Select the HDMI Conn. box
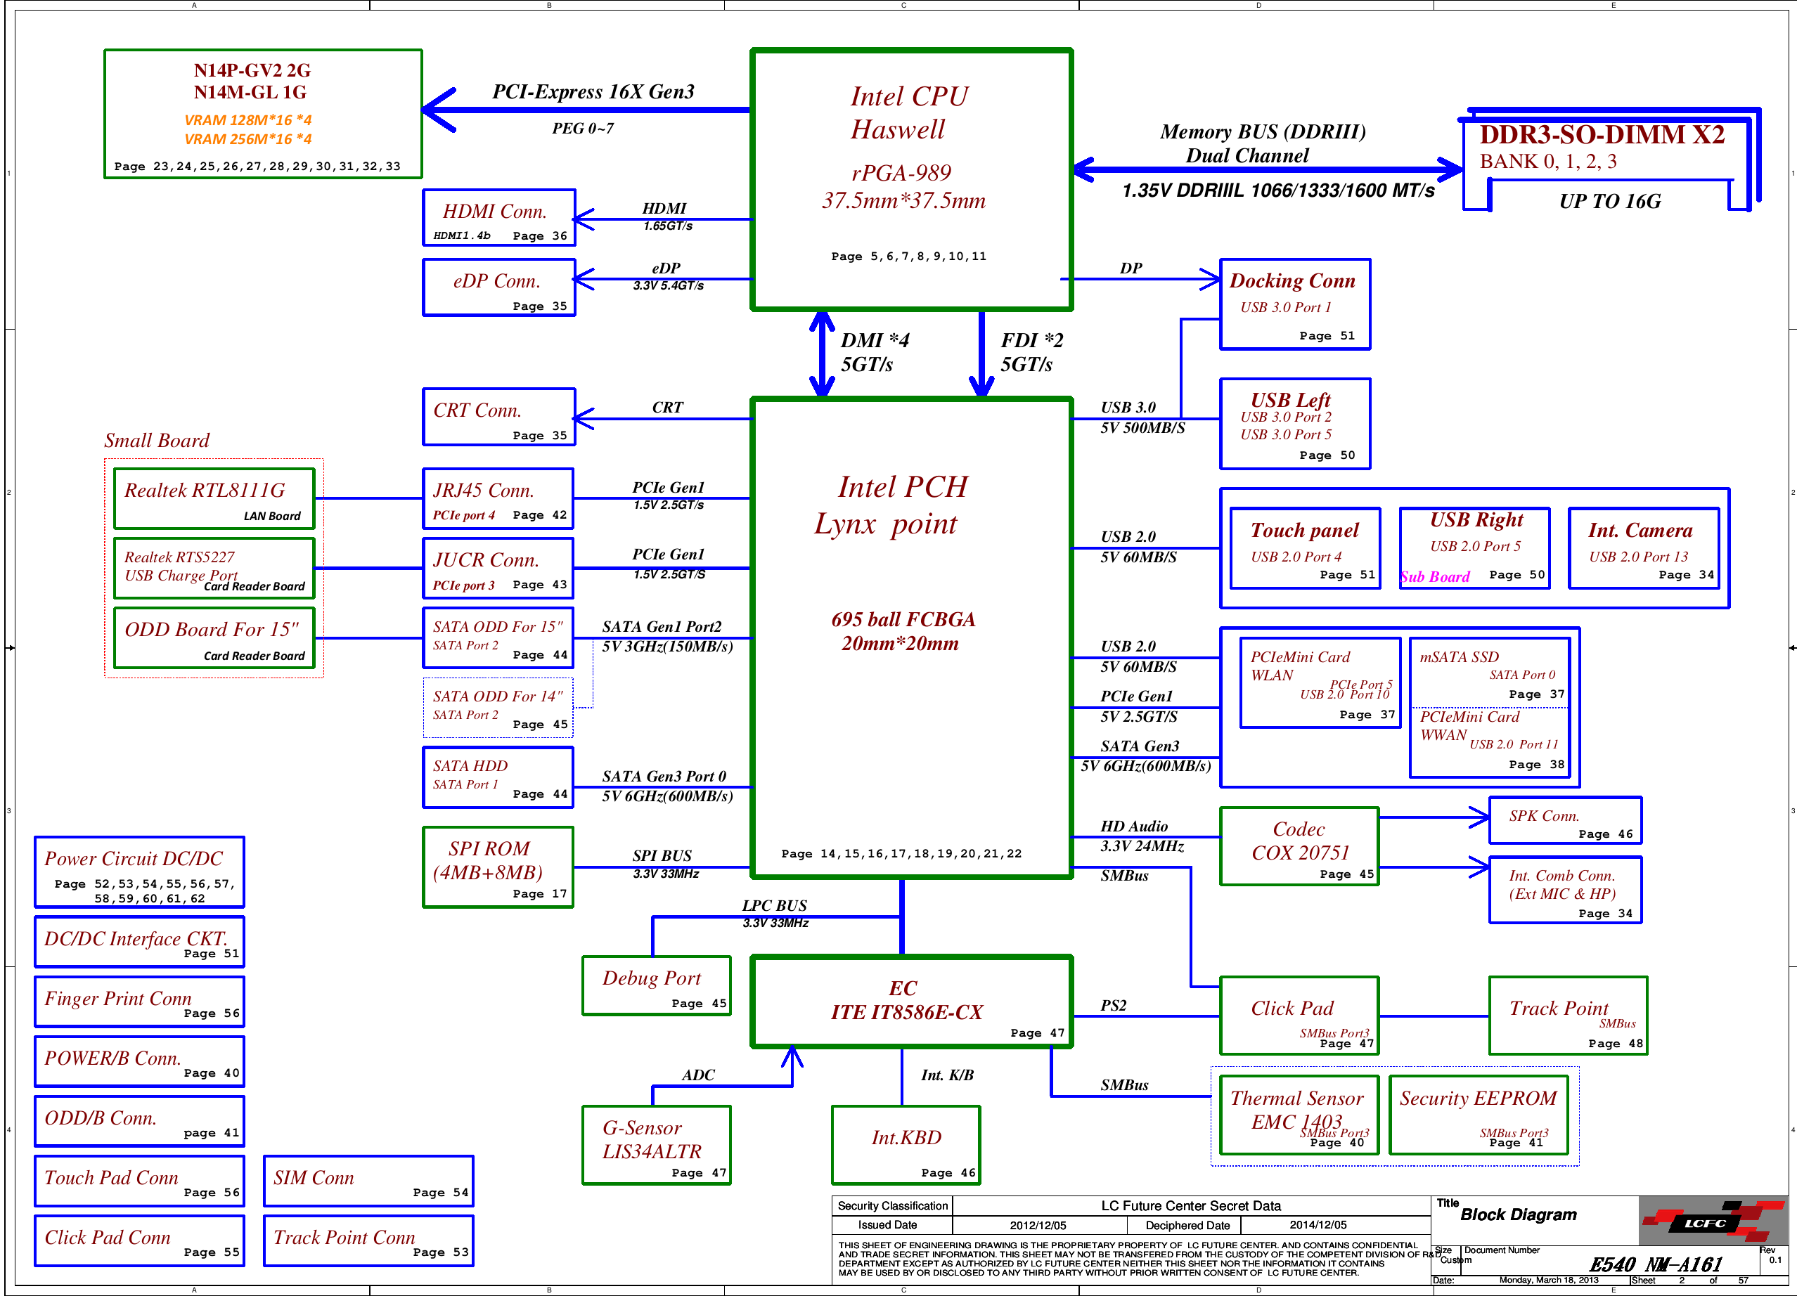click(498, 218)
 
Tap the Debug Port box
click(656, 985)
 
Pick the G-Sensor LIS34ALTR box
click(656, 1145)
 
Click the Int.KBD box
click(906, 1145)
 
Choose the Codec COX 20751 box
click(1299, 846)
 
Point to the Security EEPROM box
click(1479, 1115)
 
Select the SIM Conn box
click(368, 1180)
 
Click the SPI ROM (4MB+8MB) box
click(498, 867)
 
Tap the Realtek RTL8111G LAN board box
click(214, 498)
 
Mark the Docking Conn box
click(1294, 304)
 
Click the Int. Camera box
click(1643, 548)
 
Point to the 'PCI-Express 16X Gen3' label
click(593, 92)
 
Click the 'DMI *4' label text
click(875, 340)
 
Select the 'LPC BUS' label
click(774, 905)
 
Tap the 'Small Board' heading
click(157, 441)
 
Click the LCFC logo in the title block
click(1711, 1222)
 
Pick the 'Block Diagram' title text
click(1518, 1214)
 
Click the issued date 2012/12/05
click(1038, 1226)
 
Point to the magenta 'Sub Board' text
click(1435, 577)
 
